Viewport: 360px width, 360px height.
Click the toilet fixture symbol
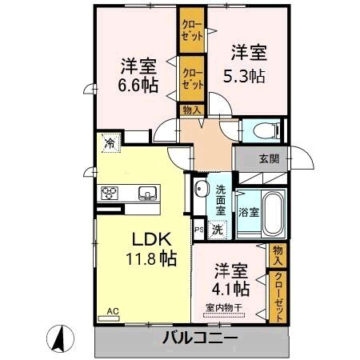point(267,130)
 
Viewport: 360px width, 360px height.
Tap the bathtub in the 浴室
point(274,214)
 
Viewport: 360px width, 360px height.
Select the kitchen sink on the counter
point(147,193)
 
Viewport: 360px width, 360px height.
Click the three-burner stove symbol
point(110,193)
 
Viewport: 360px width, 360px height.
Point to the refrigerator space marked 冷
point(111,143)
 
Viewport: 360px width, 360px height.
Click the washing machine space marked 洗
point(218,230)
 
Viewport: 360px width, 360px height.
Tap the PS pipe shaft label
point(199,230)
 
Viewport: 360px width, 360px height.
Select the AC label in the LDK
point(113,311)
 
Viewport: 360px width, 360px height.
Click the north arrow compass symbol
point(60,338)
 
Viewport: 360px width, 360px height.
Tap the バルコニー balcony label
point(200,338)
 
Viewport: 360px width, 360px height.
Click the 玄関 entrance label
point(270,159)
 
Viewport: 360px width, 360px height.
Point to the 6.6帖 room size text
point(138,85)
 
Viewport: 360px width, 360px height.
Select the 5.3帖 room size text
point(244,76)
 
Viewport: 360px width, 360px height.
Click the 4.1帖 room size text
point(230,288)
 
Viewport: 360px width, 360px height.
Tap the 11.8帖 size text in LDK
point(151,258)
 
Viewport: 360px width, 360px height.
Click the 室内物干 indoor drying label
point(224,308)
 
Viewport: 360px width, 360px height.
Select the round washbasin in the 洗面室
point(202,189)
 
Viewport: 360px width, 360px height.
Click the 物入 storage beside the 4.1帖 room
point(278,255)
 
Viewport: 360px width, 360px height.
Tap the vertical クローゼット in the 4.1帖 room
point(278,297)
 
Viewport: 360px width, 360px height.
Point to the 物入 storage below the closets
point(192,110)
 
